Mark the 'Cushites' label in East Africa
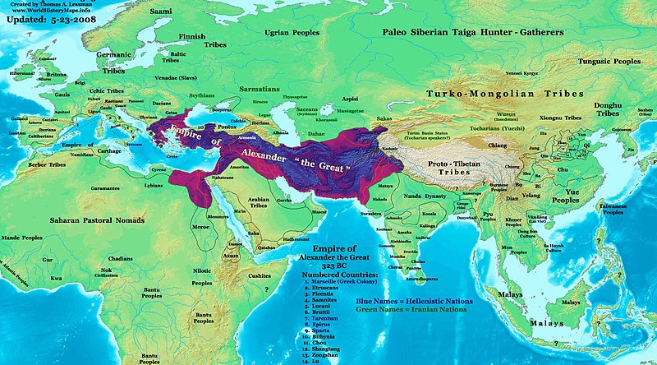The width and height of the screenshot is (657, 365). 261,276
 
